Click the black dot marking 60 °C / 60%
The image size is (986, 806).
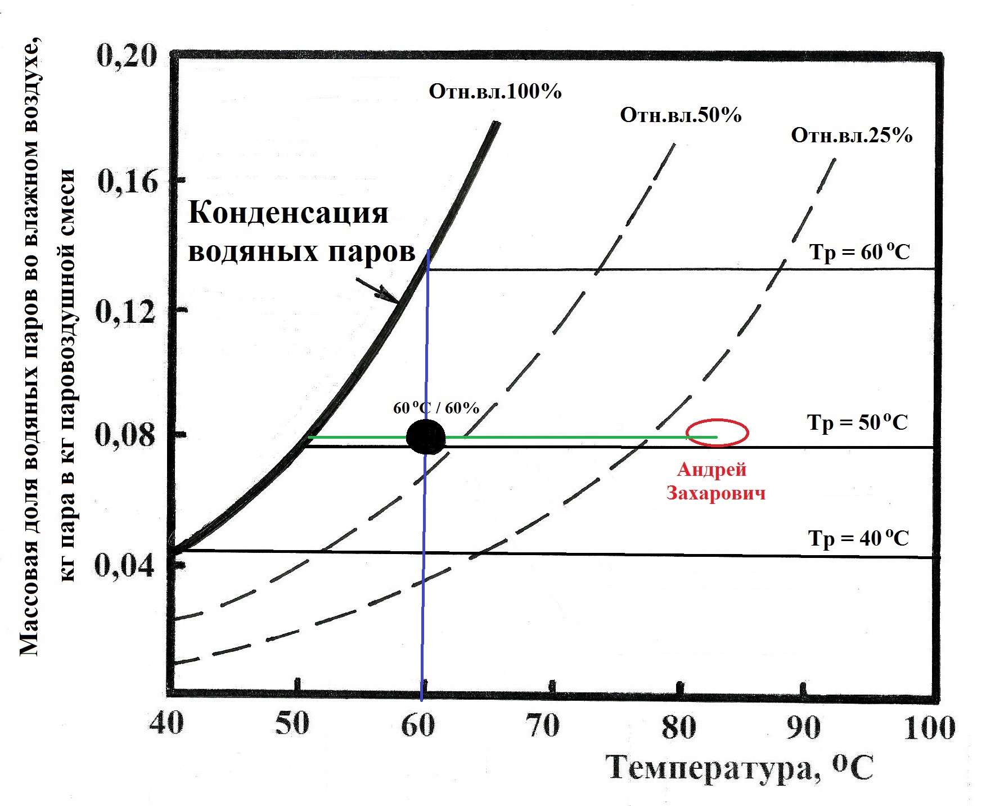[x=426, y=437]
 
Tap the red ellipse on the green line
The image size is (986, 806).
[x=717, y=433]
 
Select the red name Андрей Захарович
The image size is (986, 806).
[x=715, y=481]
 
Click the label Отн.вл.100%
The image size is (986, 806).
[x=495, y=91]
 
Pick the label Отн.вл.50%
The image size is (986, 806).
[x=681, y=115]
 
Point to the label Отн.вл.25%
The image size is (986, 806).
[x=852, y=136]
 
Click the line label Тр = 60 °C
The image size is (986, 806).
[x=859, y=252]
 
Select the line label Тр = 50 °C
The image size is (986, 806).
[x=857, y=422]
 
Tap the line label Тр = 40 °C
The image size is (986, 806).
[x=858, y=538]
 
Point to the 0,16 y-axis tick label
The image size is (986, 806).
[x=128, y=182]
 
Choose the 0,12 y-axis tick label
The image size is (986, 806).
[x=125, y=310]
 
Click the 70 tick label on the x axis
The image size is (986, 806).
[x=543, y=726]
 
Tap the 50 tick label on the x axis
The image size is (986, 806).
[x=292, y=724]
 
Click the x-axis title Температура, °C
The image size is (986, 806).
[x=740, y=768]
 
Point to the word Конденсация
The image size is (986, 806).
[x=288, y=213]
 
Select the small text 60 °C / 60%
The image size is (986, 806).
[x=436, y=408]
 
